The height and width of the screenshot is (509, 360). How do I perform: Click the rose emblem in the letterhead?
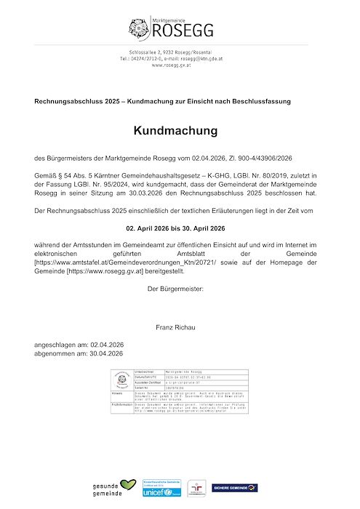point(138,28)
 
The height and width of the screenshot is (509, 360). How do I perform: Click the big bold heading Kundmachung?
point(175,131)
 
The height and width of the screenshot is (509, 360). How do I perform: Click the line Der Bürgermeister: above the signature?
point(175,289)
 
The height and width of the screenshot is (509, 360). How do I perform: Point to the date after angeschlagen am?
point(107,345)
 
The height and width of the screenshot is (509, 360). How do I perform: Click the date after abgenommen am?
point(106,353)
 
